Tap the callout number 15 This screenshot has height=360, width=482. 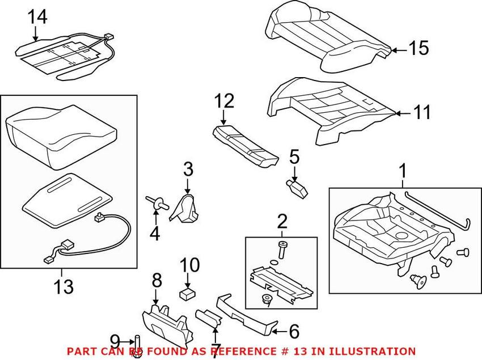418,49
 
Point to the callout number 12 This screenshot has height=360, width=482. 224,102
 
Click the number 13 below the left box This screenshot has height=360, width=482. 64,286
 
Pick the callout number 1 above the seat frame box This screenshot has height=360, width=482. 403,170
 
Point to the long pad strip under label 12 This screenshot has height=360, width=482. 247,145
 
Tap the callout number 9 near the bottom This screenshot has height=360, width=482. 115,341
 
